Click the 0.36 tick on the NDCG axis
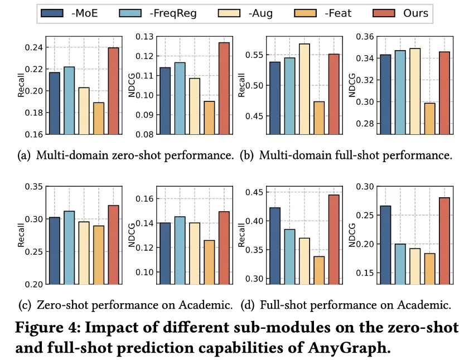[x=366, y=37]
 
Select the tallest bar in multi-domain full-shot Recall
[x=304, y=89]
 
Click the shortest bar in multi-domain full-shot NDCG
[x=429, y=119]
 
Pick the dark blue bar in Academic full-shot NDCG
[x=385, y=245]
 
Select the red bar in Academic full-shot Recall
[x=333, y=239]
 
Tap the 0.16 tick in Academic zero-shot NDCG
[x=146, y=199]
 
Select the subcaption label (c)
[x=25, y=305]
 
